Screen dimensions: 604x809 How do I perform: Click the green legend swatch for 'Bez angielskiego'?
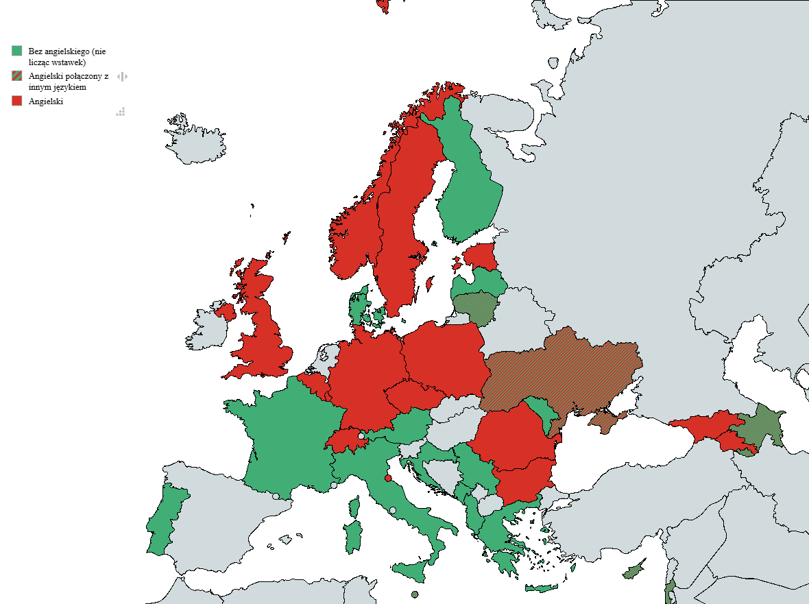tap(17, 51)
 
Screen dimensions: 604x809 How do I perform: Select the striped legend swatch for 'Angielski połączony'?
tap(17, 75)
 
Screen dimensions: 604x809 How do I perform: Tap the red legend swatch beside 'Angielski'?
tap(17, 101)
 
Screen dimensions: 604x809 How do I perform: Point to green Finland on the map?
tap(470, 185)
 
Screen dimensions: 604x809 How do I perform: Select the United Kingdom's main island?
tap(264, 329)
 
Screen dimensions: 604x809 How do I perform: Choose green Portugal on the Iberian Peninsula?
tap(165, 521)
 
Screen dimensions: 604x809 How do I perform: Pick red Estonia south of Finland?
tap(481, 257)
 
